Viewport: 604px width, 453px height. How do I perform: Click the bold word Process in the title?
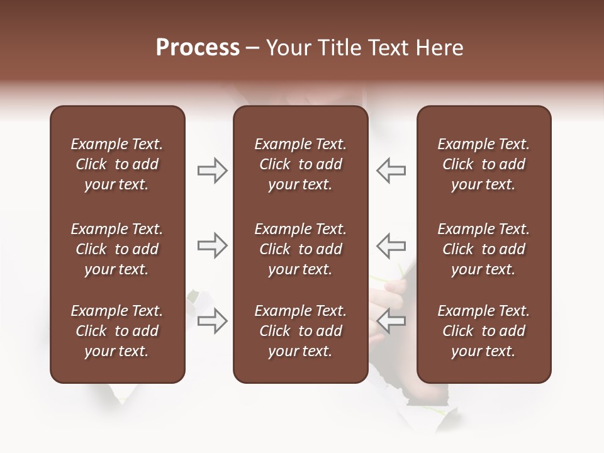tap(198, 48)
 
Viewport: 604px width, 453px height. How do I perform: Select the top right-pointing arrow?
tap(212, 171)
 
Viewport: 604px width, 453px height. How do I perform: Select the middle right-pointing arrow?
tap(212, 245)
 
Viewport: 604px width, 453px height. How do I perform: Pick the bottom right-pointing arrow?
tap(212, 321)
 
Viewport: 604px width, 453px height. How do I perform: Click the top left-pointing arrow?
tap(391, 171)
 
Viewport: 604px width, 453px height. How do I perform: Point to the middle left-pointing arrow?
tap(391, 245)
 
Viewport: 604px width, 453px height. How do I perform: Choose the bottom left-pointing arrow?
tap(391, 321)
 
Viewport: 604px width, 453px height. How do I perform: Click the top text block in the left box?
tap(117, 164)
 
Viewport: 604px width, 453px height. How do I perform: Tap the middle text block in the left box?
tap(117, 249)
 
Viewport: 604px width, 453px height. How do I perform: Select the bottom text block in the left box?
tap(117, 331)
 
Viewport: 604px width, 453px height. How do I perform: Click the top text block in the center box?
tap(300, 164)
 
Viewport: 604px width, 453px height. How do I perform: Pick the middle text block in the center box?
tap(300, 249)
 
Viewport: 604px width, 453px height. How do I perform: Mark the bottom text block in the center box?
tap(300, 331)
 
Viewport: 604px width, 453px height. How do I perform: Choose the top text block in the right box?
tap(483, 164)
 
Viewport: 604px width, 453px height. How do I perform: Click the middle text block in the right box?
tap(483, 249)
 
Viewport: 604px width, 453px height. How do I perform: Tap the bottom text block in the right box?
tap(483, 331)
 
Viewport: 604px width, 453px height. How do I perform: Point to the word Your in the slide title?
tap(286, 48)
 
